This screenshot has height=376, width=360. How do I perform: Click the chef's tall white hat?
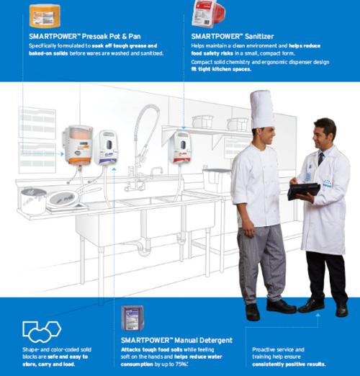coord(261,109)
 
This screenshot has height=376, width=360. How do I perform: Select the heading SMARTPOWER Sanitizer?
coord(233,35)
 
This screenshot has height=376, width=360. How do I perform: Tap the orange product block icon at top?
coord(45,14)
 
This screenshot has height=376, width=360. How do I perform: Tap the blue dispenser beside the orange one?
coord(107,148)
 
